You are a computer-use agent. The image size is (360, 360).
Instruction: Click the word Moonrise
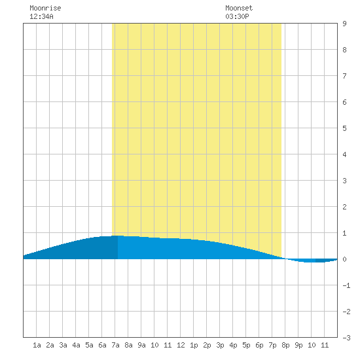point(45,8)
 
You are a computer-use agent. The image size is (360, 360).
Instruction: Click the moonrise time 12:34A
point(41,16)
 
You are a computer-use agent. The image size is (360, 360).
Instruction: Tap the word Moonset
point(239,8)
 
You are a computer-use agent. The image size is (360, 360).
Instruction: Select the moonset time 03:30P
point(237,16)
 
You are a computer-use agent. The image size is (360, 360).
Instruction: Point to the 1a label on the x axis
point(37,345)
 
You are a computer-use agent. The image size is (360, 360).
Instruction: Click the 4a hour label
point(76,345)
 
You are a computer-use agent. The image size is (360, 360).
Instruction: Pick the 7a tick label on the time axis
point(115,345)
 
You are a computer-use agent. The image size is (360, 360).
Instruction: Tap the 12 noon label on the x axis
point(181,345)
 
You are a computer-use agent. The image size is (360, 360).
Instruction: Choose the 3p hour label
point(220,345)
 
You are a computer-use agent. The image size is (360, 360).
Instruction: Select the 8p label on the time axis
point(285,345)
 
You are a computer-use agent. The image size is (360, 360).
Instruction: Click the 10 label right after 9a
point(154,345)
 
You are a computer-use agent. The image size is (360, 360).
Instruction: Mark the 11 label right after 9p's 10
point(325,345)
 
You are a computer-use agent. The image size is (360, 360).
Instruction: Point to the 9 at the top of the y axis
point(344,24)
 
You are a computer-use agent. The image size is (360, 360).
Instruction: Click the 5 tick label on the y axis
point(344,128)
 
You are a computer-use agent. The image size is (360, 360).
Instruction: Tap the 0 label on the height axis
point(344,259)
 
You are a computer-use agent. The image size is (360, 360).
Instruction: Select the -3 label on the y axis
point(347,338)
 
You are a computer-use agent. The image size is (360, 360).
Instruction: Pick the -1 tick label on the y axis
point(347,285)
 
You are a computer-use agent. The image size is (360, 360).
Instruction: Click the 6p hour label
point(259,345)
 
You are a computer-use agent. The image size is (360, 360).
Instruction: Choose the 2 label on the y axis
point(344,207)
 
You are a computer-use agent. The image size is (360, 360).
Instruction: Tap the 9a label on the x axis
point(141,345)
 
